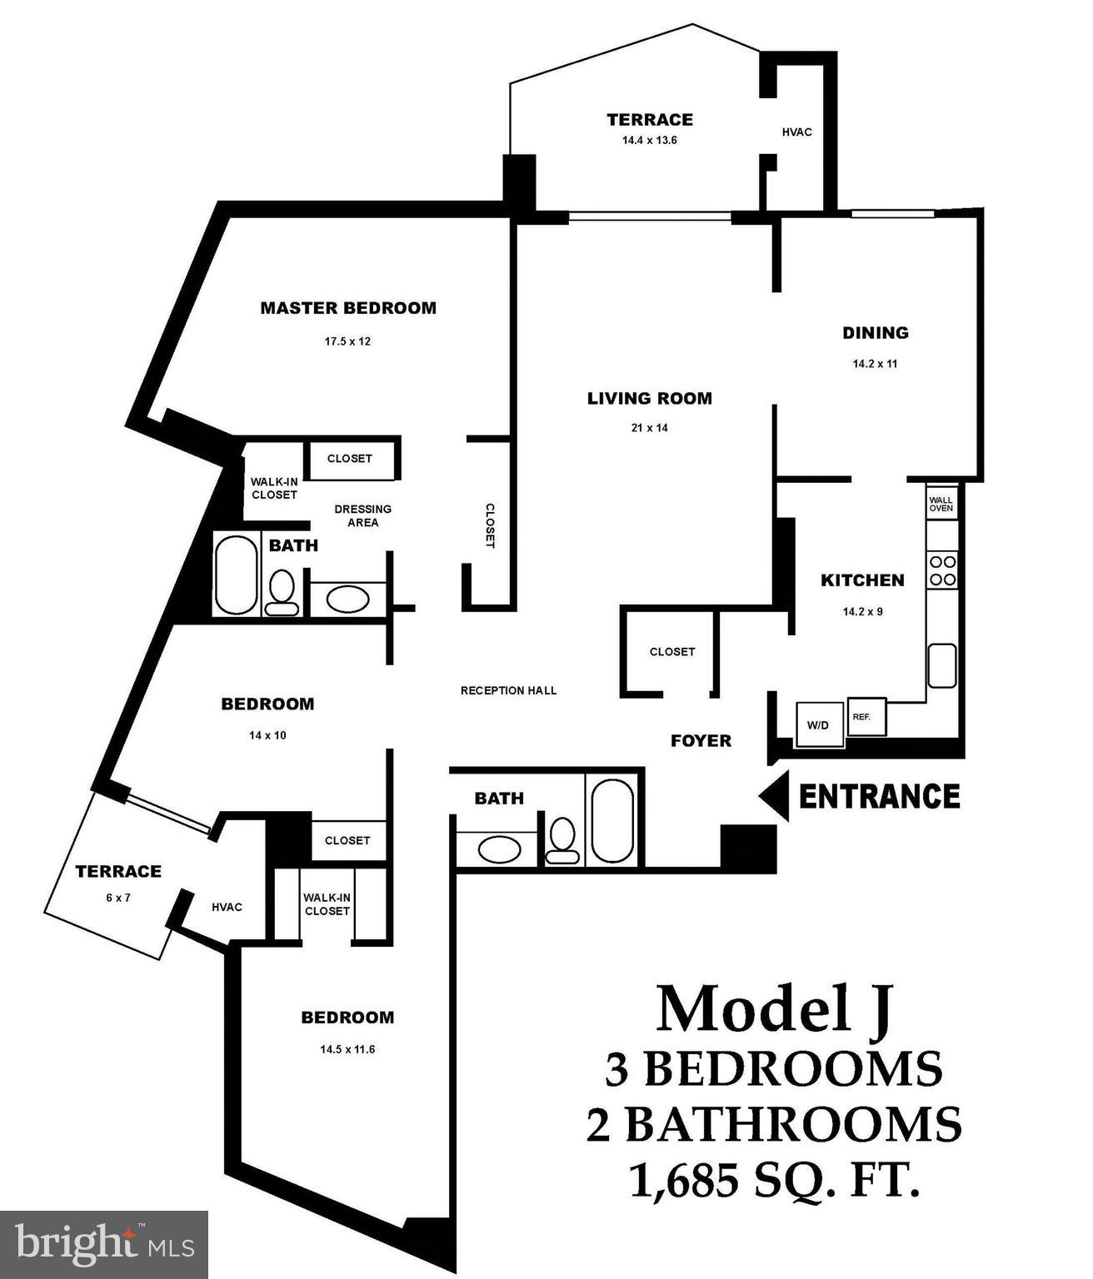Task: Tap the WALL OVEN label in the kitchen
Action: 941,503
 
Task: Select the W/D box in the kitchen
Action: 817,724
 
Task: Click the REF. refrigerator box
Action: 865,716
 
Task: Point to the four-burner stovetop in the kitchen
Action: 942,570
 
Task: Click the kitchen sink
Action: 942,665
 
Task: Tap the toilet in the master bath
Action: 282,592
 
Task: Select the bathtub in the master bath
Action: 236,575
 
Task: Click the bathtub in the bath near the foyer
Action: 611,820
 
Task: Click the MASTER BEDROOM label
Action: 348,308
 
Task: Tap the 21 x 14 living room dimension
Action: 649,428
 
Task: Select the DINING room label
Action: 875,333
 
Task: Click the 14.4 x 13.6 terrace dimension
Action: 649,140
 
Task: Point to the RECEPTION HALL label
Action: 508,690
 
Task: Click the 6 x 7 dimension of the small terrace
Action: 117,898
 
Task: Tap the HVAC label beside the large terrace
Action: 796,132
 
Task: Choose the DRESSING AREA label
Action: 362,515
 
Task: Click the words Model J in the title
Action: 775,1008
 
